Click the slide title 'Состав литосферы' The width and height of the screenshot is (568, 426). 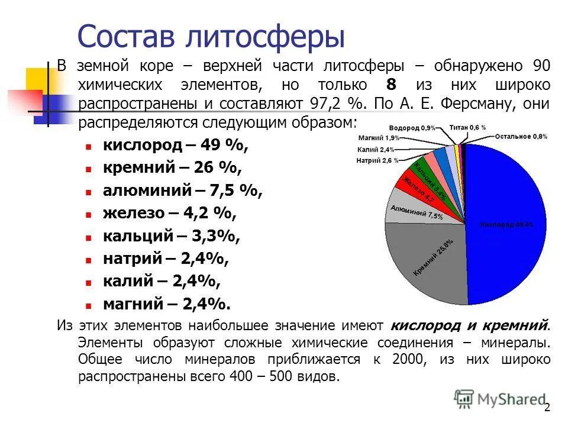(211, 37)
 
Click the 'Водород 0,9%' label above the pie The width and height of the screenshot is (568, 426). (412, 128)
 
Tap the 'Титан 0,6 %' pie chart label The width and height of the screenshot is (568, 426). (467, 127)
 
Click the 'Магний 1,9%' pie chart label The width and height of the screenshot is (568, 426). (379, 137)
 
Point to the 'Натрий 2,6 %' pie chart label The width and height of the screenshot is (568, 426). (377, 160)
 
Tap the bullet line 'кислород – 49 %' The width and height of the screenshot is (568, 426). (176, 146)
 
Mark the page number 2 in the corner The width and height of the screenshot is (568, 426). (547, 407)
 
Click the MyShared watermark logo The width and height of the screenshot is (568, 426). (500, 399)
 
